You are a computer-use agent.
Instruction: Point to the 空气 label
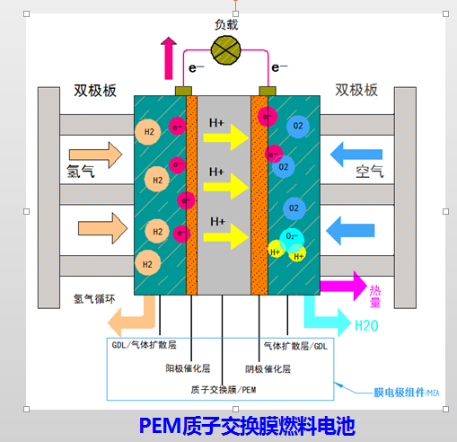(x=368, y=171)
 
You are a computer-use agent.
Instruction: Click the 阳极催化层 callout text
(x=188, y=367)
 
